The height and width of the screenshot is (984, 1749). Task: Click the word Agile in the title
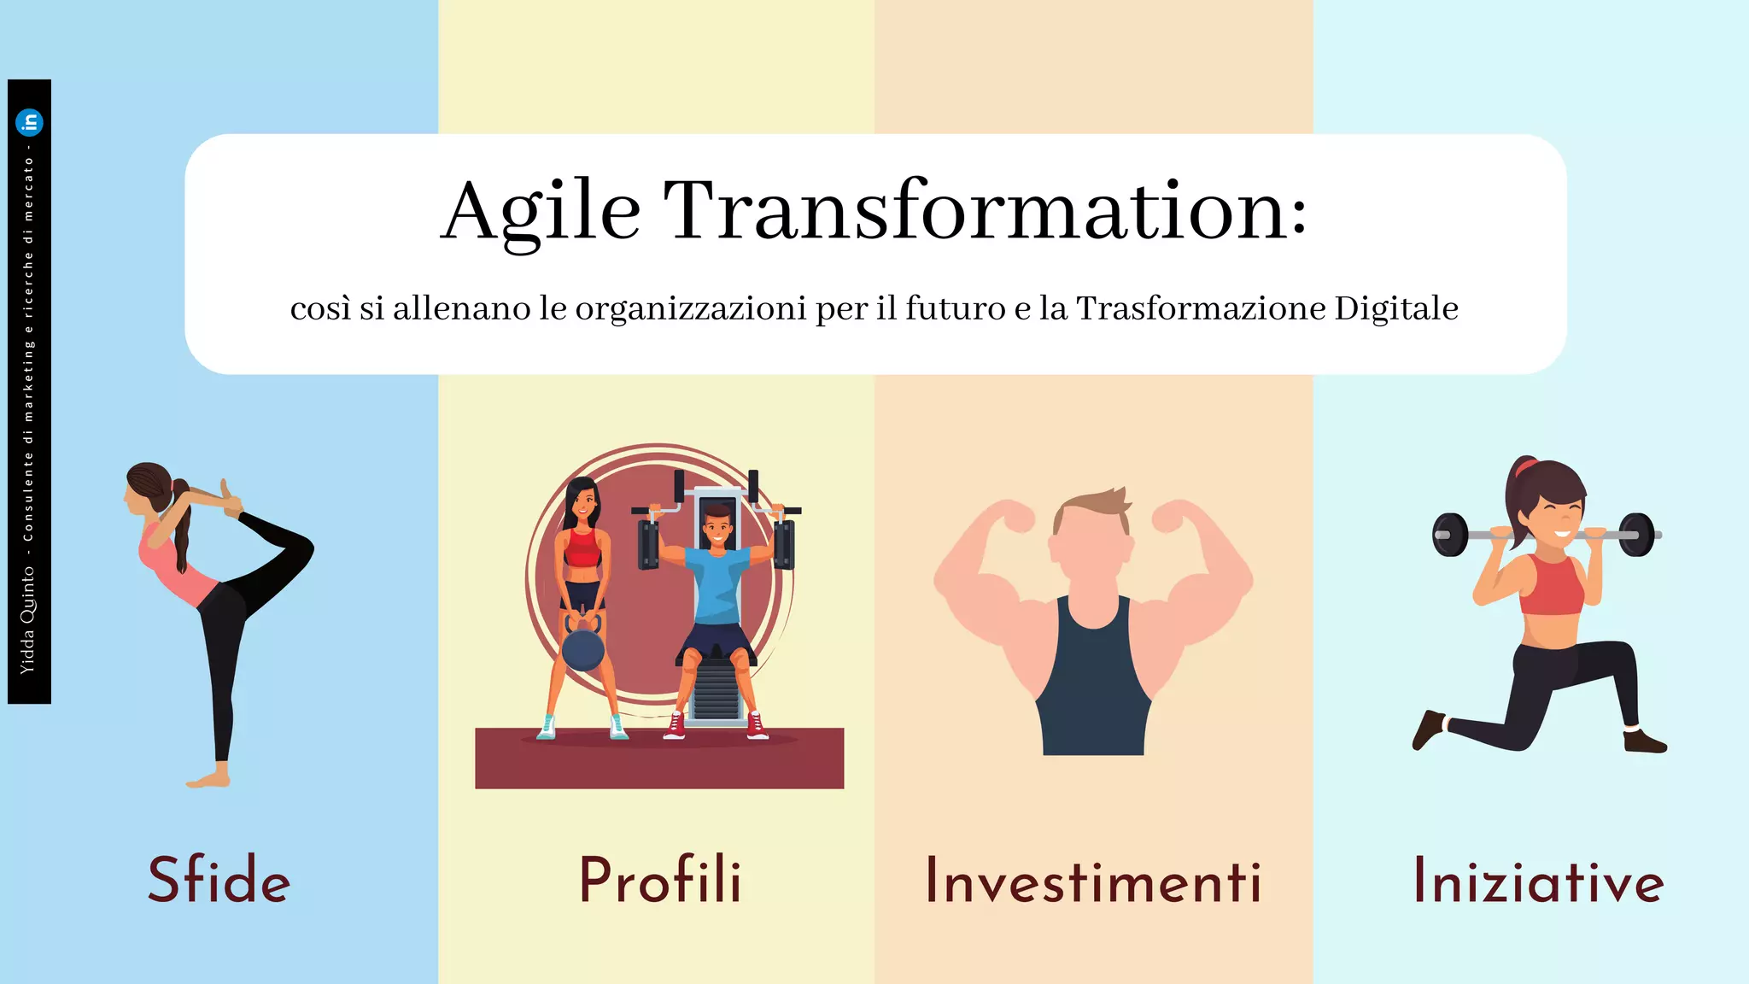tap(540, 212)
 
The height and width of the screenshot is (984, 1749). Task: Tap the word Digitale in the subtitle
tap(1396, 308)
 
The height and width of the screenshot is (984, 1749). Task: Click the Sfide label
tap(219, 880)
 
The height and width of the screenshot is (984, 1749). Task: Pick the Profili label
tap(660, 880)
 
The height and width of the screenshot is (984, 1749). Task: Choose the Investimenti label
tap(1093, 881)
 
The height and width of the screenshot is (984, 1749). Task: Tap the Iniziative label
tap(1538, 881)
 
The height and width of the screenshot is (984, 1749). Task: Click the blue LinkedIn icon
tap(30, 123)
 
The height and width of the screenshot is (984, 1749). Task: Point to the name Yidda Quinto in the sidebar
tap(28, 618)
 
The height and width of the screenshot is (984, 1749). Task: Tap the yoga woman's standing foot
tap(208, 779)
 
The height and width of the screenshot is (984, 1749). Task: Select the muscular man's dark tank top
tap(1093, 683)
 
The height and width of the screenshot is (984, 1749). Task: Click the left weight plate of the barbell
tap(1450, 535)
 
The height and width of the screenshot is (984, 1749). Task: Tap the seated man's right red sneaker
tap(757, 725)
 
